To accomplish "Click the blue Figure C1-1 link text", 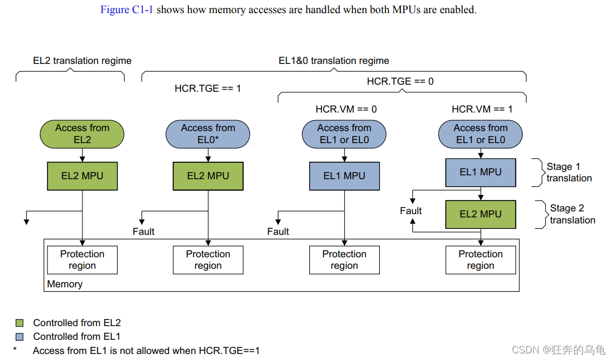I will (127, 10).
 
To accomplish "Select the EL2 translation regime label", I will (82, 61).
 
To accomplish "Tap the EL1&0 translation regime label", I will (334, 61).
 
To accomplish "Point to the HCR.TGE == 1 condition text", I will (208, 88).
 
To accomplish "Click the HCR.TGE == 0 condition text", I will (400, 81).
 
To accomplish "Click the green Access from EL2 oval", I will (82, 134).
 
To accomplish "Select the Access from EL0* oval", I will (208, 134).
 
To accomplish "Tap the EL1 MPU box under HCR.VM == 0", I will (344, 176).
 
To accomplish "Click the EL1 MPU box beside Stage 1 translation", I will (481, 172).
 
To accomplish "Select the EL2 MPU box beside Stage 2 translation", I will (481, 214).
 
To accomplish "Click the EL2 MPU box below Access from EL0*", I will (208, 176).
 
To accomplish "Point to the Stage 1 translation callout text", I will (568, 172).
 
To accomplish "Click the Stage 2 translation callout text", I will (571, 214).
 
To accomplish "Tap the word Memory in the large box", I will (65, 284).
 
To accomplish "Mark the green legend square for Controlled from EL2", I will (20, 323).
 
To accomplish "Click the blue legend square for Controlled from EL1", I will (20, 337).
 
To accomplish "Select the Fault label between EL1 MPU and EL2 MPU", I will (411, 211).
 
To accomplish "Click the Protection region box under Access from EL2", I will (82, 260).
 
